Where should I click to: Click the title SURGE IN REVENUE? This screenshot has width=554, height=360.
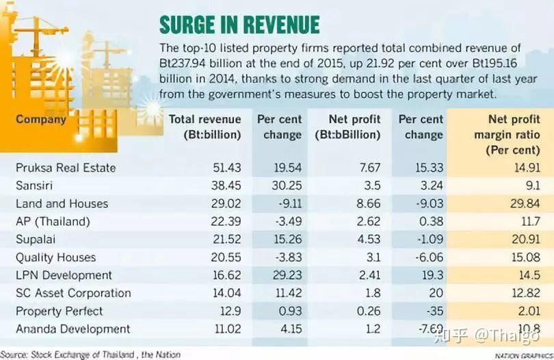click(x=239, y=25)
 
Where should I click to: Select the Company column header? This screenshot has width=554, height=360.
click(x=41, y=120)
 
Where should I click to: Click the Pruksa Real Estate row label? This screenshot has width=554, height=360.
click(x=66, y=168)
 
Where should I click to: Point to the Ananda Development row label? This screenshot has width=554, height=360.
click(x=72, y=329)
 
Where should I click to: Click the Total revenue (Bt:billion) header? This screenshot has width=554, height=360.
click(x=205, y=127)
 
